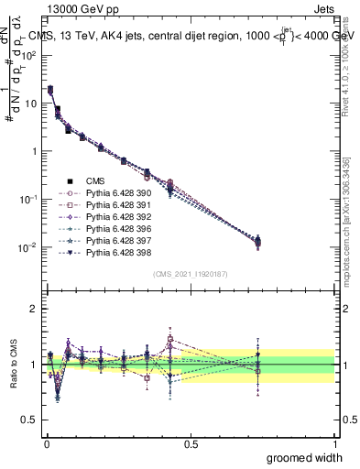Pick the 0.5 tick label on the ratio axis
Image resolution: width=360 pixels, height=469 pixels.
click(x=27, y=420)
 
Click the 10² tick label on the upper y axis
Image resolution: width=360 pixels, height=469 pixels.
click(x=27, y=55)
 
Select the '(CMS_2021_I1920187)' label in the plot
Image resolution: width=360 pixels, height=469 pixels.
click(x=190, y=274)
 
